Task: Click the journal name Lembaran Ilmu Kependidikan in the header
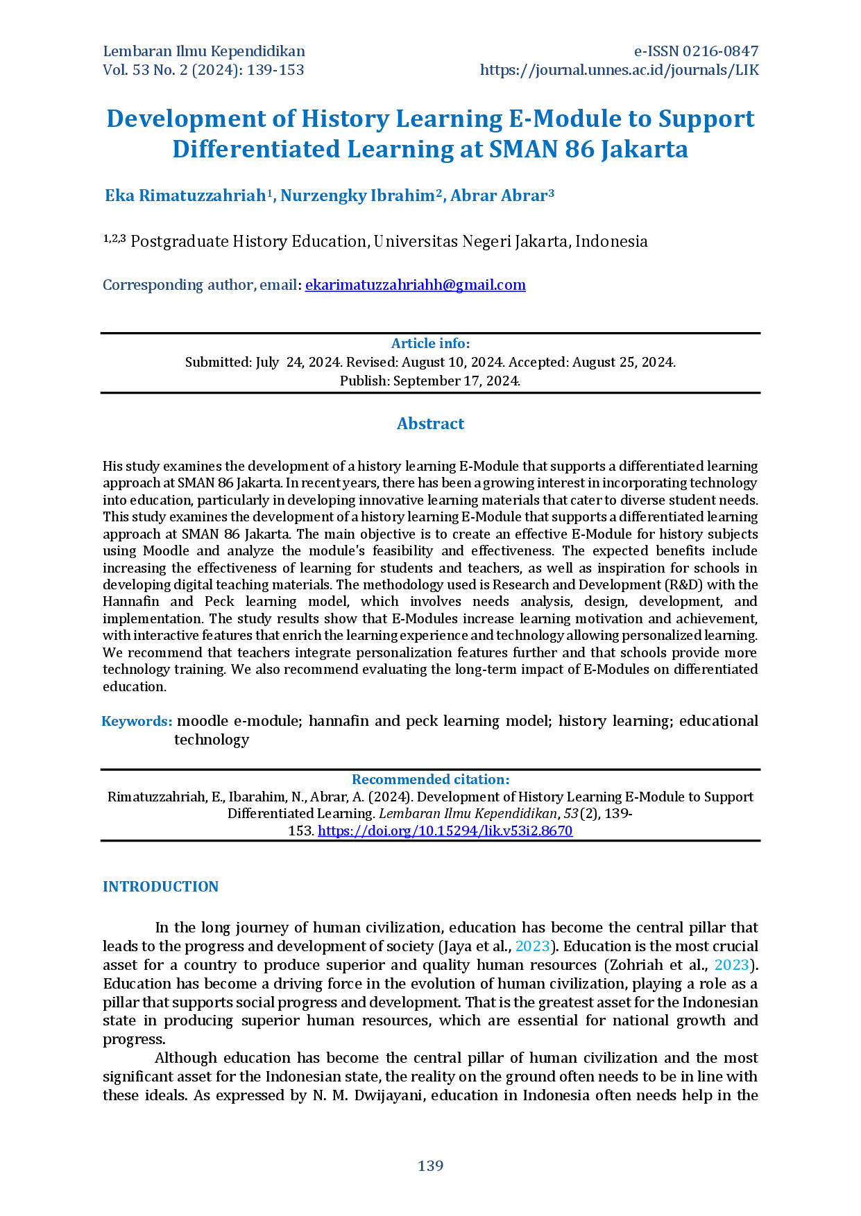point(204,51)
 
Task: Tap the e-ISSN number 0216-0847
point(721,51)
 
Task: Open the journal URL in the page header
point(620,70)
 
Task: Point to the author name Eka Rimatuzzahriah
point(185,196)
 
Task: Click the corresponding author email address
point(416,285)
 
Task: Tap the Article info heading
point(430,343)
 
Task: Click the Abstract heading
point(430,424)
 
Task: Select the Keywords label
point(137,721)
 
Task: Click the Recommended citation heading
point(430,779)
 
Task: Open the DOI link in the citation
point(445,831)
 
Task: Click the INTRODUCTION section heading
point(160,887)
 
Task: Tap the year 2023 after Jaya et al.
point(532,946)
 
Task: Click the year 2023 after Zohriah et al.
point(731,965)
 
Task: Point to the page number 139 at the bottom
point(430,1166)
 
